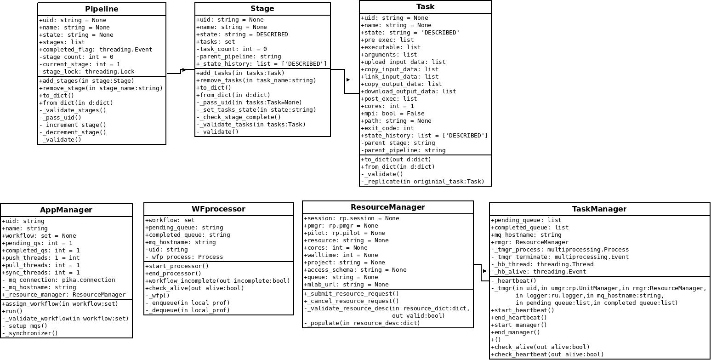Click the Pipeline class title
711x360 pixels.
point(102,9)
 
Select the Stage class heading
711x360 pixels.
point(262,9)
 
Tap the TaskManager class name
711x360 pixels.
point(599,209)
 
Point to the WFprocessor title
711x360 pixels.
point(218,209)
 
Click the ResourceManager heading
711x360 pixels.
point(387,207)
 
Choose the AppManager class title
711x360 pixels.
point(66,210)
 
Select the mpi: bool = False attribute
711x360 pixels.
point(392,113)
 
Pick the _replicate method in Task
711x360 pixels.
point(422,182)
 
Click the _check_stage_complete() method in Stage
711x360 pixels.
point(239,117)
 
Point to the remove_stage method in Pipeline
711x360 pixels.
point(101,88)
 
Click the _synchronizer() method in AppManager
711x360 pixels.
point(30,333)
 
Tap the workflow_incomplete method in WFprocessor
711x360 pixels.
point(217,281)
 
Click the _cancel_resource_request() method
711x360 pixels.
point(351,301)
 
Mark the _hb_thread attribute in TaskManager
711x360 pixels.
point(542,264)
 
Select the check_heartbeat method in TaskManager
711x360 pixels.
point(547,354)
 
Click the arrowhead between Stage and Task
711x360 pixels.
point(348,80)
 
